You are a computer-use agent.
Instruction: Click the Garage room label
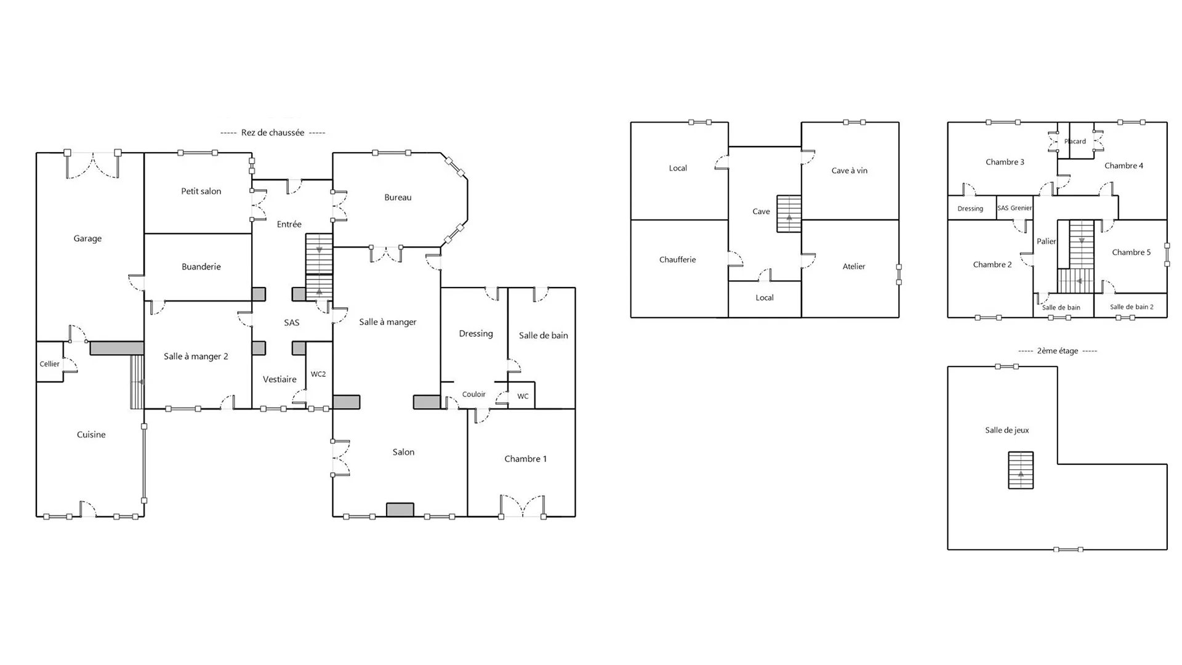click(87, 239)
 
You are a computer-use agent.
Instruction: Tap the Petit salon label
click(201, 191)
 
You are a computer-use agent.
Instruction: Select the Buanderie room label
click(201, 267)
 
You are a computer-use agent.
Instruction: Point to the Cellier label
click(50, 364)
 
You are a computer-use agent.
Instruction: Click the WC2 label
click(318, 374)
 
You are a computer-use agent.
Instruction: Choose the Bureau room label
click(398, 198)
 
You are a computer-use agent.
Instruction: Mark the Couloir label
click(474, 394)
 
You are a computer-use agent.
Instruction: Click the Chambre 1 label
click(525, 459)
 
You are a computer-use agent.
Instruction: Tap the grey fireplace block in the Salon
click(400, 509)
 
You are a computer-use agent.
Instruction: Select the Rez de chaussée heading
click(273, 132)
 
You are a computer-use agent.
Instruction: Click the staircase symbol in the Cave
click(789, 214)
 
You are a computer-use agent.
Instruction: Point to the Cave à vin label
click(850, 171)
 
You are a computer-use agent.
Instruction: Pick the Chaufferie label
click(677, 260)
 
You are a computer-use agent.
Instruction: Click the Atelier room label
click(854, 267)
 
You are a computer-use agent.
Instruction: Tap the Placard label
click(1075, 142)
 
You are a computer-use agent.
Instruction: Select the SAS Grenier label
click(1015, 208)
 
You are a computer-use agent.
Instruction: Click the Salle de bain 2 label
click(1132, 307)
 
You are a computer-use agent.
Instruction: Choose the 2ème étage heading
click(1058, 351)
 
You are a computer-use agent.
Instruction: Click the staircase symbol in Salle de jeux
click(1021, 470)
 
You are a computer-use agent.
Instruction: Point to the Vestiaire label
click(279, 379)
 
